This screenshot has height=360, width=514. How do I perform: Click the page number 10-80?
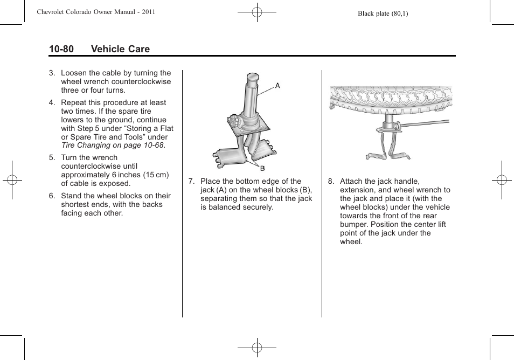click(x=61, y=49)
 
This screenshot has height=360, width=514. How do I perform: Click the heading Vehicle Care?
click(x=120, y=49)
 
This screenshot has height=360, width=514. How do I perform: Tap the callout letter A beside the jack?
click(x=278, y=85)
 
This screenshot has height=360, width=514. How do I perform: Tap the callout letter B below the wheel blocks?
click(x=263, y=169)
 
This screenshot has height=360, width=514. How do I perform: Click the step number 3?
click(x=52, y=73)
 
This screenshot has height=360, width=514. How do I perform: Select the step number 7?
click(x=191, y=182)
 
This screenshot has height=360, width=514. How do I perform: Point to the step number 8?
click(x=331, y=182)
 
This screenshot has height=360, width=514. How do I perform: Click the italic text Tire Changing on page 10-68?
click(x=113, y=146)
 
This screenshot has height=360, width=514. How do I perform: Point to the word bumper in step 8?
click(x=353, y=225)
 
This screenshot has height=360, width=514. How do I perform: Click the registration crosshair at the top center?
click(x=257, y=12)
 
